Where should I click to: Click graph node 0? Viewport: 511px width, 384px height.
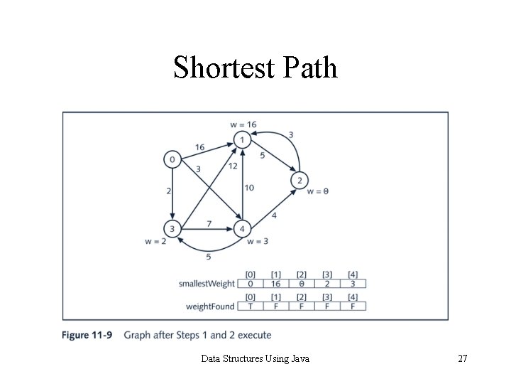[172, 159]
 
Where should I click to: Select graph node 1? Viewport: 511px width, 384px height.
[243, 140]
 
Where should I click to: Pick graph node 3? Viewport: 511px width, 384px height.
[172, 229]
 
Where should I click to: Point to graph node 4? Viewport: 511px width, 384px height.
[243, 229]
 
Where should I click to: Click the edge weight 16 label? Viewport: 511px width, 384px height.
[199, 147]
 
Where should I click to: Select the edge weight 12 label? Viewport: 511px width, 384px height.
[232, 166]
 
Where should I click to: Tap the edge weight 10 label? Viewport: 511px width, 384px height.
[249, 188]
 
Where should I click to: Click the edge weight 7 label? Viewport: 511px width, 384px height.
[209, 224]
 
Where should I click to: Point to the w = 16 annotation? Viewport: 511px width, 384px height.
[243, 124]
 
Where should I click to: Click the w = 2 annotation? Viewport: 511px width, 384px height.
[155, 242]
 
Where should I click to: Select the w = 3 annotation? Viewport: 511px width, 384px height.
[258, 242]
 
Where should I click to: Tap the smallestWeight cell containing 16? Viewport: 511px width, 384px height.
[276, 284]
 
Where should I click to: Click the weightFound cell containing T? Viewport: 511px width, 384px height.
[251, 306]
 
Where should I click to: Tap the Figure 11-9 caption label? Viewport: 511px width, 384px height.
[87, 335]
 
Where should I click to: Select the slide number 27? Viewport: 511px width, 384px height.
[462, 358]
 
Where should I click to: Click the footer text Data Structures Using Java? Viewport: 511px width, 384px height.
[255, 358]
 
